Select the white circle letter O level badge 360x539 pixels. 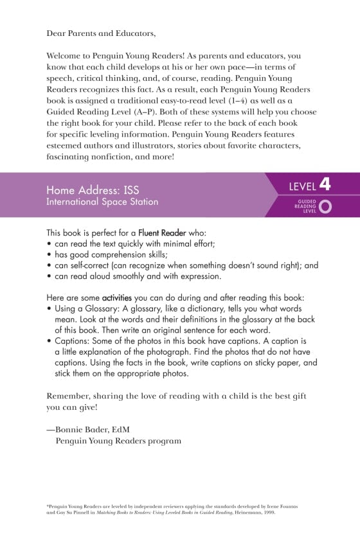pos(325,206)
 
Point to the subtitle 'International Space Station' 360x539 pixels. pos(102,202)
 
